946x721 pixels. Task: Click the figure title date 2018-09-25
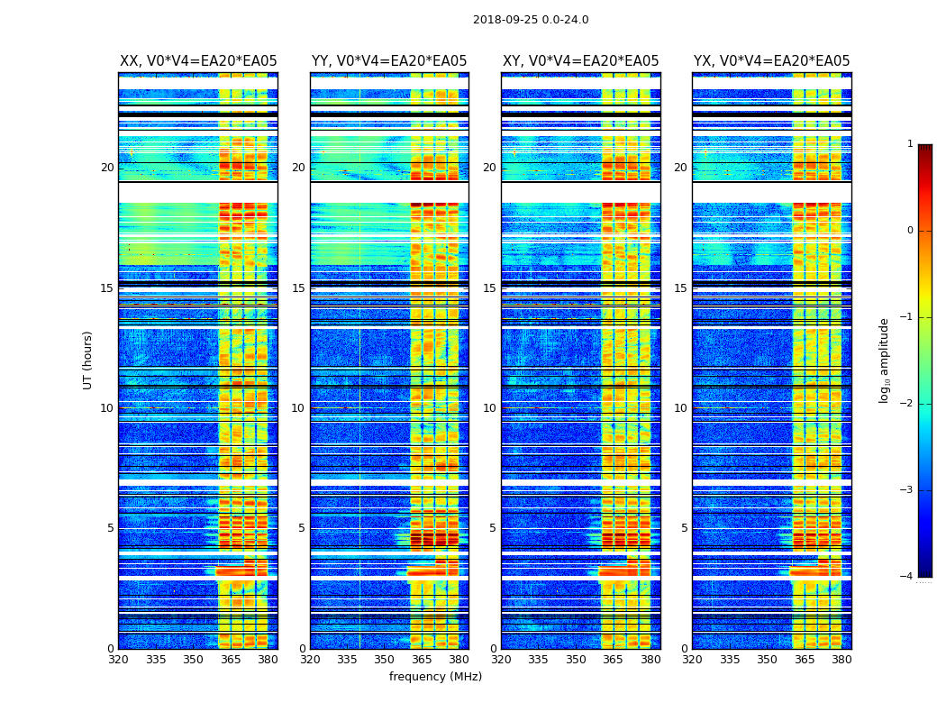click(504, 20)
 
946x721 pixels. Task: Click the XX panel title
click(198, 61)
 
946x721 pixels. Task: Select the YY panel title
click(389, 61)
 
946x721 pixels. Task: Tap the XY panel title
click(580, 61)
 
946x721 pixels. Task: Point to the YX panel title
click(771, 61)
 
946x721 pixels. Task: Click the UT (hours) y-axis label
click(88, 360)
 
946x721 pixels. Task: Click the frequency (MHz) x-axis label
click(435, 677)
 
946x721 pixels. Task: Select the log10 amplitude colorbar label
click(885, 360)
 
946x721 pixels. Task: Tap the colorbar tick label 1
click(910, 144)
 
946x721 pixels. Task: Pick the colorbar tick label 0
click(910, 231)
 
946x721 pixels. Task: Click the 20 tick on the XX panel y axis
click(107, 168)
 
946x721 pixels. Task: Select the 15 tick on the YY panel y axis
click(298, 288)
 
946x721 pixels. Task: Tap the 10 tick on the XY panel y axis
click(489, 408)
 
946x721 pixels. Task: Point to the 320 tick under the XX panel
click(118, 660)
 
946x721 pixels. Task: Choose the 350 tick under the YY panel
click(385, 660)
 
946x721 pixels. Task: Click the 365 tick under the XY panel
click(613, 660)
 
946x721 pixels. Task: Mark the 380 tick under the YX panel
click(841, 660)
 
